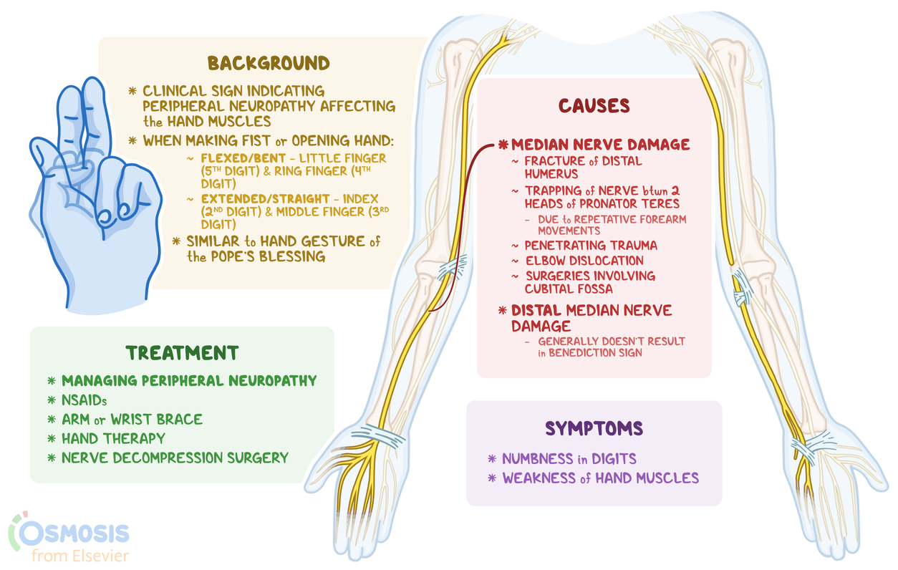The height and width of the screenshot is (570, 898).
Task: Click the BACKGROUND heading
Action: tap(269, 63)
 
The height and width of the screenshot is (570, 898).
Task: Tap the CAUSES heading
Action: tap(594, 106)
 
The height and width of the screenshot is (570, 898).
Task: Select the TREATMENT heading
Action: tap(182, 353)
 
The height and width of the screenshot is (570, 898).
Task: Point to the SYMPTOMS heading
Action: tap(594, 428)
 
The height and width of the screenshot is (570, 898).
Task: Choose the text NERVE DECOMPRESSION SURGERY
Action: tap(175, 457)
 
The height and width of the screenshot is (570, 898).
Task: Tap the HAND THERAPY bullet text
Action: tap(113, 438)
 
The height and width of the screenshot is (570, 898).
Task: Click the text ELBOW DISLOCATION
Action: tap(584, 261)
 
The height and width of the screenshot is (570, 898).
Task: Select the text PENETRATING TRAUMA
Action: tap(591, 246)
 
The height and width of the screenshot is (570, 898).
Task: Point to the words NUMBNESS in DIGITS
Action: tap(569, 458)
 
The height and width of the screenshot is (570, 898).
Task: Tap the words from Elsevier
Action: tap(80, 555)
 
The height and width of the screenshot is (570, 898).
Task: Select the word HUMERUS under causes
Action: tap(551, 174)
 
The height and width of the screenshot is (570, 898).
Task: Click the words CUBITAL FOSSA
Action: tap(569, 289)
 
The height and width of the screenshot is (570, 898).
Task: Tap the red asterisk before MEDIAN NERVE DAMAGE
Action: tap(502, 145)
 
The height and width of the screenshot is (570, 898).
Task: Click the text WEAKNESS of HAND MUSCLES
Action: tap(600, 478)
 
